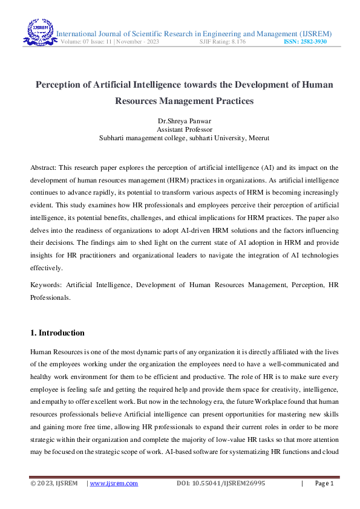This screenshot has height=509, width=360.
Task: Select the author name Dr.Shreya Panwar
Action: tap(180, 121)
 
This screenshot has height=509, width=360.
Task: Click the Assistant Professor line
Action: tap(180, 129)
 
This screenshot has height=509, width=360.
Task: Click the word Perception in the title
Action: tap(62, 85)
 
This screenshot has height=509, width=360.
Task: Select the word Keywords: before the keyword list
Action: tap(46, 285)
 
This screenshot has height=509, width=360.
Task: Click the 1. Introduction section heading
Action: tap(57, 333)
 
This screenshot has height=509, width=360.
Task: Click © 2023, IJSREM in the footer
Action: tap(54, 484)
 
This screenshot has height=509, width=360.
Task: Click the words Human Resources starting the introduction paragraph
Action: tap(58, 351)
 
